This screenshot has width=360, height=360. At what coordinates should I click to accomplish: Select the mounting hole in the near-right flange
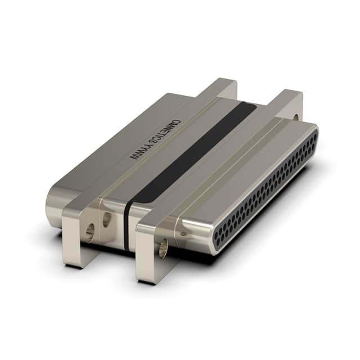pyautogui.click(x=163, y=248)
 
